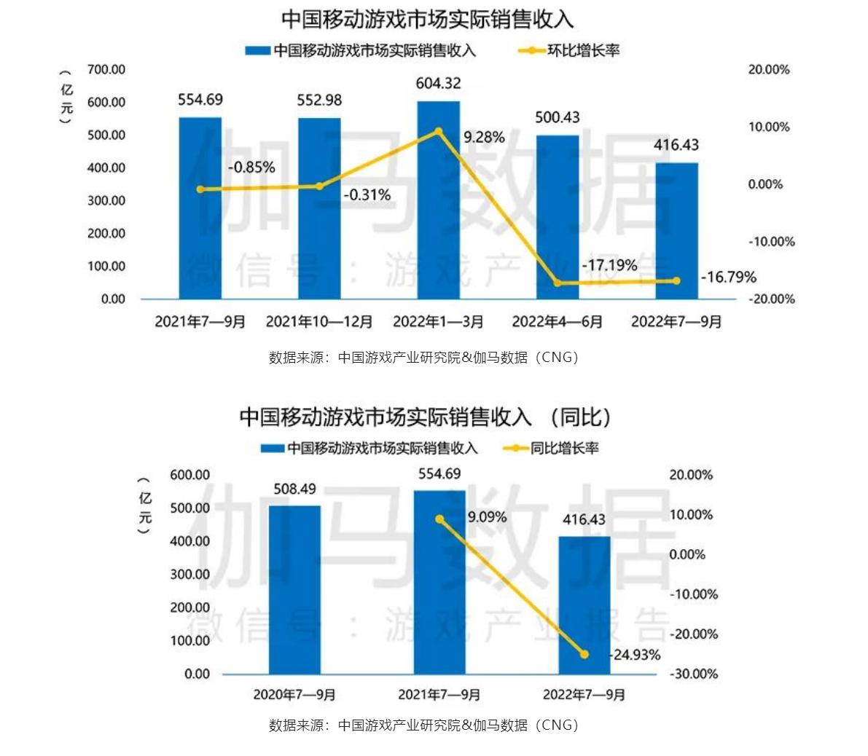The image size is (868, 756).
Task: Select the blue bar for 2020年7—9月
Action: [x=294, y=590]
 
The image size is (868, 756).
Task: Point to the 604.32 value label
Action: [x=438, y=84]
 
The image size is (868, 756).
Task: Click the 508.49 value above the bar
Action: [x=294, y=489]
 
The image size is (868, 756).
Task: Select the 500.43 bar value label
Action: [x=558, y=118]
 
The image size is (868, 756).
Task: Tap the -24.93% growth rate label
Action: [x=636, y=655]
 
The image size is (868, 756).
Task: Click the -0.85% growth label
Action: [x=251, y=168]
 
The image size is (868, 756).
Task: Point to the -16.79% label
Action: [x=728, y=277]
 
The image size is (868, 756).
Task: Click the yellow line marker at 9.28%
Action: [x=438, y=132]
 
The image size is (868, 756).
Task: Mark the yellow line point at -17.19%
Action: [x=558, y=283]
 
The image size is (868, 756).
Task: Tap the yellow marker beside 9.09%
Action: [x=439, y=519]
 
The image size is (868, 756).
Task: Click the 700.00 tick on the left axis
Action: [x=106, y=70]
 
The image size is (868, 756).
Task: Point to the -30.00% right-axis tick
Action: [x=693, y=674]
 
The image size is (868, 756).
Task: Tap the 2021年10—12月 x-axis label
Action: [x=319, y=322]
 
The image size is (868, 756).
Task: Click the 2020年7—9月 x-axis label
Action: [x=294, y=695]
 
